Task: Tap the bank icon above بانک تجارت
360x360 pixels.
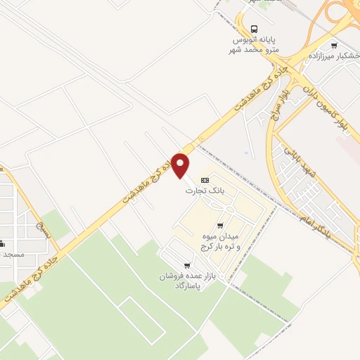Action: tap(205, 181)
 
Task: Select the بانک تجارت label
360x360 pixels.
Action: tap(200, 191)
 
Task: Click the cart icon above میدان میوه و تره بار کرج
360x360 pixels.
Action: tap(221, 225)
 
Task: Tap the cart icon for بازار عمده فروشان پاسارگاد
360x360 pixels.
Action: tap(186, 265)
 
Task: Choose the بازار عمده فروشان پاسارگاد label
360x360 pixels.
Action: tap(179, 281)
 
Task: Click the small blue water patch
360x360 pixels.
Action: tap(245, 153)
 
